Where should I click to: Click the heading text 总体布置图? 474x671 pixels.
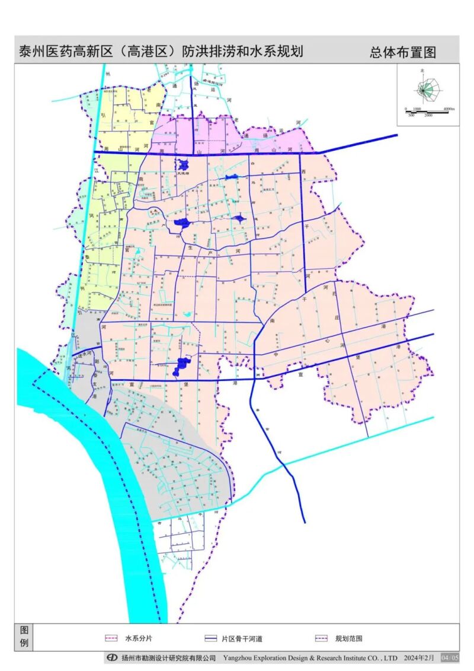tap(403, 52)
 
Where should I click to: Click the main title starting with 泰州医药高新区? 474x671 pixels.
tap(161, 52)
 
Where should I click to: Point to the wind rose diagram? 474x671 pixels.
tap(425, 89)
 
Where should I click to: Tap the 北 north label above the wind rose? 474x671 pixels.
tap(422, 71)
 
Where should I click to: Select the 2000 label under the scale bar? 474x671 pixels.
tap(428, 115)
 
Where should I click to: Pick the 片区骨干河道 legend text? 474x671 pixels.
tap(242, 639)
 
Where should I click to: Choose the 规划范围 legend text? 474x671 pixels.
tap(348, 639)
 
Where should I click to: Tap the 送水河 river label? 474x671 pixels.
tap(87, 354)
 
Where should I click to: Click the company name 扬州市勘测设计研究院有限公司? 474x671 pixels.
tap(169, 658)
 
